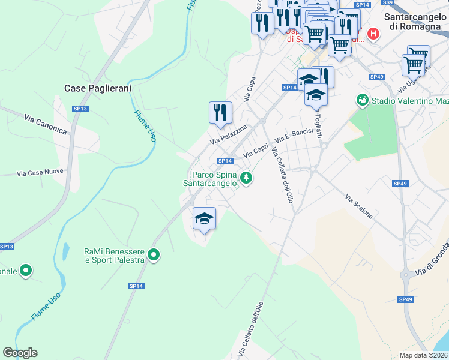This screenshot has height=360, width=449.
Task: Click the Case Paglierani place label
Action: click(97, 88)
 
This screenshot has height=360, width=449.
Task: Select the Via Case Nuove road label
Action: click(40, 173)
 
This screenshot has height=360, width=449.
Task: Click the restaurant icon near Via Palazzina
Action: click(220, 113)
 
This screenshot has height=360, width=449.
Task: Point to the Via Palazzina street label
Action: click(228, 134)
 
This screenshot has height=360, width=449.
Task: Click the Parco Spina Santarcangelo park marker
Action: click(246, 178)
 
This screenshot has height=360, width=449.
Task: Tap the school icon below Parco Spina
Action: click(204, 218)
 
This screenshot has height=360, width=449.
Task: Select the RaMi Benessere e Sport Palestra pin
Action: click(154, 255)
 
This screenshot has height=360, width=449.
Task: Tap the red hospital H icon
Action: click(373, 34)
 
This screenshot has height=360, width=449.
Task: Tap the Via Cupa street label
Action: click(250, 88)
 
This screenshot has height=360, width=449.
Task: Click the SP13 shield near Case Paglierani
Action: click(80, 109)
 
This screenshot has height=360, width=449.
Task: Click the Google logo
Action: click(20, 353)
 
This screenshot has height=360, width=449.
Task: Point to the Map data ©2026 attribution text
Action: click(422, 355)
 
